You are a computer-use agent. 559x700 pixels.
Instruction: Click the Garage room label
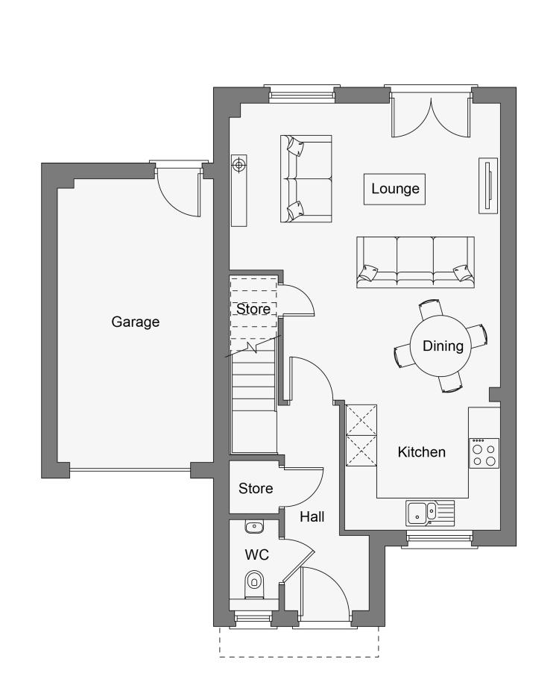click(135, 322)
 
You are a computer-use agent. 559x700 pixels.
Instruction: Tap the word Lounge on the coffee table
click(395, 189)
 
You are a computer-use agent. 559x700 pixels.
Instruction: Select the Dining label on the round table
click(443, 346)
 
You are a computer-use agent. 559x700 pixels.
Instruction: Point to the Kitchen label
click(421, 451)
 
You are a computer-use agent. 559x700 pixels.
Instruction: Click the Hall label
click(312, 517)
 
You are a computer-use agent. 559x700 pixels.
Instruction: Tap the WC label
click(256, 555)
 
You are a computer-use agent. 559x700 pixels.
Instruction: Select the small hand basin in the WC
click(254, 527)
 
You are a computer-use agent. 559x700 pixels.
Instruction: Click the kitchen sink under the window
click(430, 513)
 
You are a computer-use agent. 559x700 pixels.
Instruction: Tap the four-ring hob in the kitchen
click(484, 454)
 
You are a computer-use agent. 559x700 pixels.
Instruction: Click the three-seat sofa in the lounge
click(415, 262)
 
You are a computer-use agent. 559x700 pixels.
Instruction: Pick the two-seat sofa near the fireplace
click(306, 178)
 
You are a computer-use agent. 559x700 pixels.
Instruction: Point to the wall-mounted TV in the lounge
click(488, 186)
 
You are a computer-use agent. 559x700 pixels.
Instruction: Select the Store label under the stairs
click(253, 309)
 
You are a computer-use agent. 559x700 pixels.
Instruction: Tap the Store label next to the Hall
click(256, 488)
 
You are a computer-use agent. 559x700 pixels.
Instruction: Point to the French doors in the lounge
click(431, 116)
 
